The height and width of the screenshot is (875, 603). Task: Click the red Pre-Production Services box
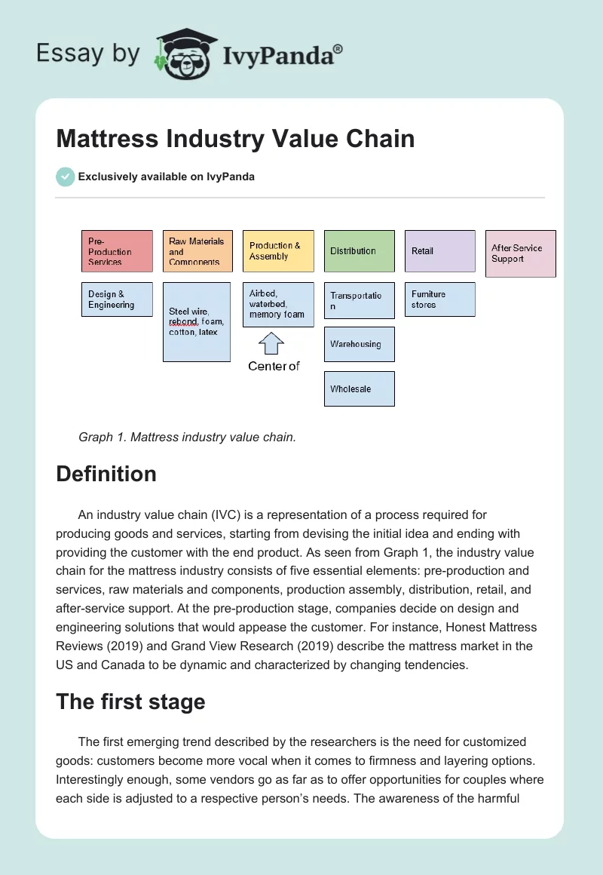117,251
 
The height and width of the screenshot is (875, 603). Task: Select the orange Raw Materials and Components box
197,251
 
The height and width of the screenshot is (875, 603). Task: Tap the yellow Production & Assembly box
278,251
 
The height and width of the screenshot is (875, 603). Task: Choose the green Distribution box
360,251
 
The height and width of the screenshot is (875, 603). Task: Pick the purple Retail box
440,251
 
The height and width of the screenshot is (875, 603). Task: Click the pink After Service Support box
521,253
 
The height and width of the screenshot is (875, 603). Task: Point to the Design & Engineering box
117,299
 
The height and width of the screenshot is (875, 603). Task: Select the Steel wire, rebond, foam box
197,322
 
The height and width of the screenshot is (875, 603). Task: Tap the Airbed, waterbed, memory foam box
278,304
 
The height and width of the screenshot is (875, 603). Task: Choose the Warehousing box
360,345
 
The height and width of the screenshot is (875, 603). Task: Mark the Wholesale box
360,389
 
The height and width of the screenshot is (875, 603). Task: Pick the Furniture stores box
440,299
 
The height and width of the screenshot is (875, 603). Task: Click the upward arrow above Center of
271,344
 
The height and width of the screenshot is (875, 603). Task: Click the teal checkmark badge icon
65,177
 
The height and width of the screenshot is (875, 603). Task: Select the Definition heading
106,474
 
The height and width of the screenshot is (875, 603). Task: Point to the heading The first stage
130,702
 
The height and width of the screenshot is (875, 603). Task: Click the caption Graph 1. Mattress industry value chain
187,437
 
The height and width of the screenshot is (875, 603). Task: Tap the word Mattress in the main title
109,139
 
